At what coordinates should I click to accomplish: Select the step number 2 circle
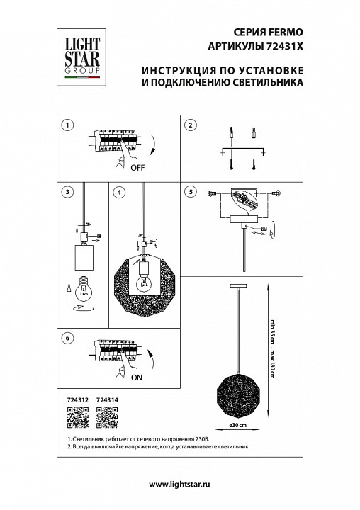(x=190, y=125)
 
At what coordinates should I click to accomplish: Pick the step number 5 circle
(x=190, y=191)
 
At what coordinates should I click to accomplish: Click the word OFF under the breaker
(x=137, y=169)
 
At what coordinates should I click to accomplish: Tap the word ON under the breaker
(x=137, y=378)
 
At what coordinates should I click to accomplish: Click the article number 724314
(x=106, y=400)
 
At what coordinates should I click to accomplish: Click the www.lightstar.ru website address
(x=180, y=483)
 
